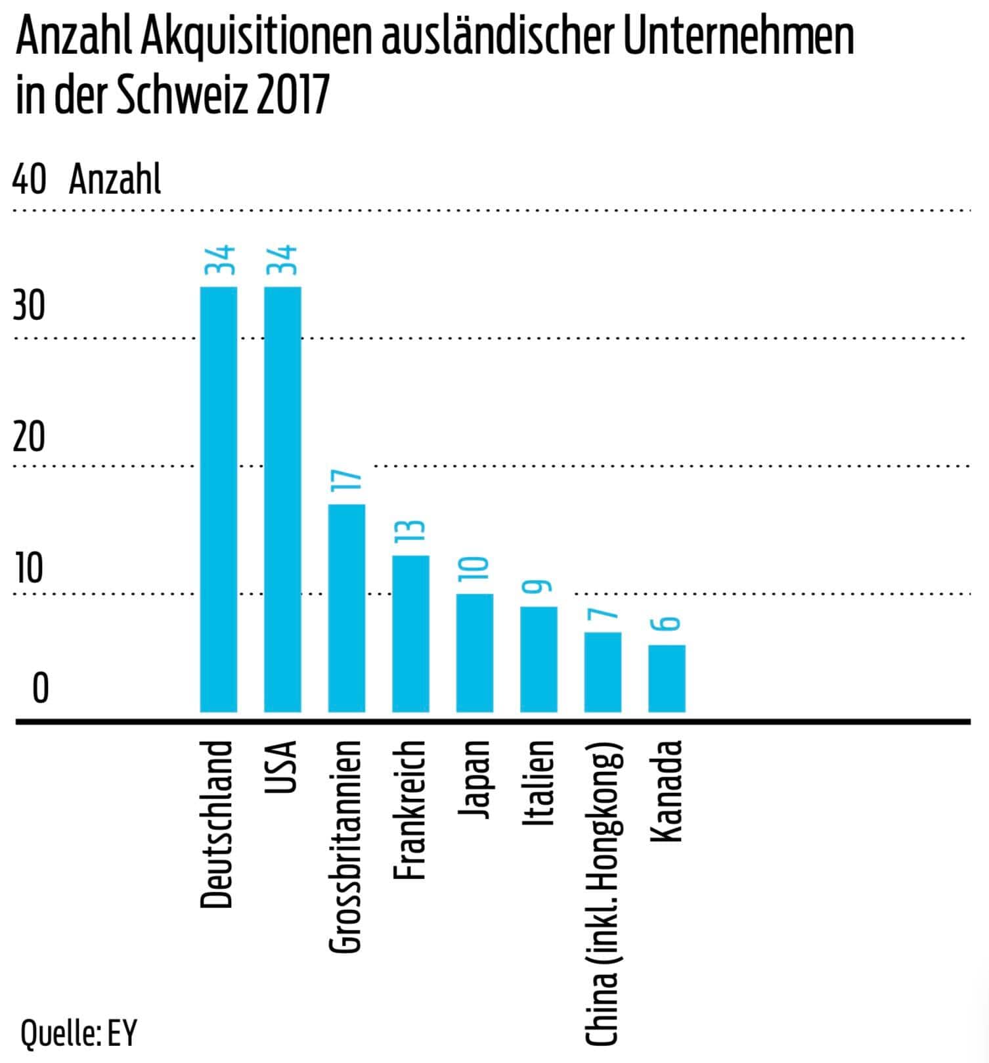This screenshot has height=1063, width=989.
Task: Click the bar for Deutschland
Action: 218,499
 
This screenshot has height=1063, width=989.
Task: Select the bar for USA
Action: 282,499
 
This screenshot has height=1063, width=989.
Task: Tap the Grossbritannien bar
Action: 346,608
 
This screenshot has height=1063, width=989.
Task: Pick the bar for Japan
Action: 474,652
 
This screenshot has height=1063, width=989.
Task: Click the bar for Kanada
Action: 667,678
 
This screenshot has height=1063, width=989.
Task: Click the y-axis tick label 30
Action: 29,306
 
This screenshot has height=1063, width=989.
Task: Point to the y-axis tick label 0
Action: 40,689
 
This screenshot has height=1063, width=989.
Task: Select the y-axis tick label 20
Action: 29,437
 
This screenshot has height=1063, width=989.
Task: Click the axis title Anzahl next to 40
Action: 115,179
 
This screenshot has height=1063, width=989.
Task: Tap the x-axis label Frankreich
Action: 411,809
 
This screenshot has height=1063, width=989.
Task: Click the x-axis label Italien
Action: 539,782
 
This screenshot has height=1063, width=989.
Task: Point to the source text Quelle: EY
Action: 79,1032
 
